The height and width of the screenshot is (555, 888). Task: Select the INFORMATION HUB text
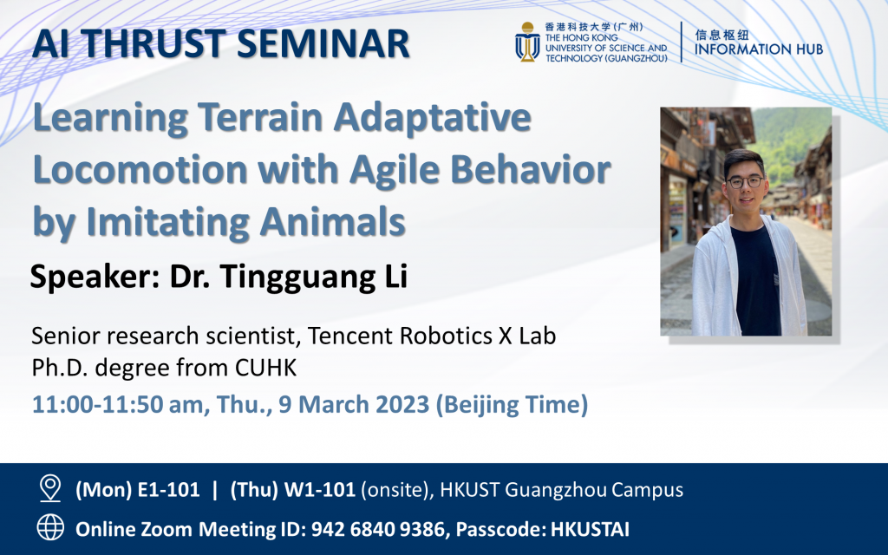pos(758,49)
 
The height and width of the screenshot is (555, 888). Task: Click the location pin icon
pos(50,489)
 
